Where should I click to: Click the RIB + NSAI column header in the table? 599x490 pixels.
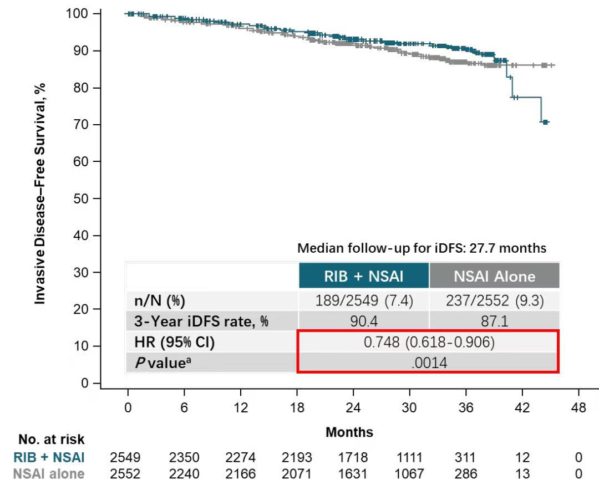364,276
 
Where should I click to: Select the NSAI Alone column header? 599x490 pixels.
494,276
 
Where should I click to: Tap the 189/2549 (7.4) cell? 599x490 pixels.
363,301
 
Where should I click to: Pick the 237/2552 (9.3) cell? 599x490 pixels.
494,301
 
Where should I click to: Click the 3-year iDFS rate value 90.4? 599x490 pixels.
363,321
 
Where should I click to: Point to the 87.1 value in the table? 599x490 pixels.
494,321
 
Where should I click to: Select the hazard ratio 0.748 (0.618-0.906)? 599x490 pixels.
428,343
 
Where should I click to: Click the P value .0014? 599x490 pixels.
428,363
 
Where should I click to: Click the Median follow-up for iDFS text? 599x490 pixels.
422,248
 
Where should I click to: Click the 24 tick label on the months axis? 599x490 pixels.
353,408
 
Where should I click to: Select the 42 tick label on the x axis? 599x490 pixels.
522,408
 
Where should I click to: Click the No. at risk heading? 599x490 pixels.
51,440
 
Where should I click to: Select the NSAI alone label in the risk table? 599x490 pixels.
49,474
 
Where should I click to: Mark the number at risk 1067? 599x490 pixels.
409,474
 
